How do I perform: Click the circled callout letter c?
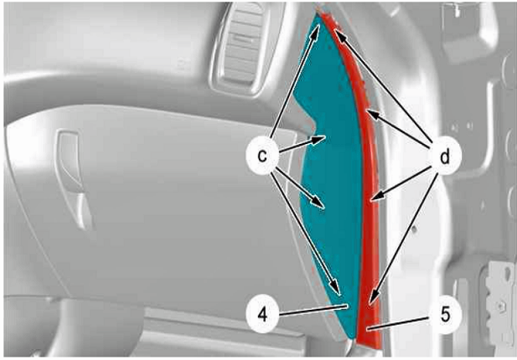point(262,155)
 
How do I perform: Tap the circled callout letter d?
point(445,157)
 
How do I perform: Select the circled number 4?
point(262,315)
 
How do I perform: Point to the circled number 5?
point(445,315)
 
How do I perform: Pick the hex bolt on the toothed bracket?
point(501,307)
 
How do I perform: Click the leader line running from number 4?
point(313,310)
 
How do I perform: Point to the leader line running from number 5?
point(399,323)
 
